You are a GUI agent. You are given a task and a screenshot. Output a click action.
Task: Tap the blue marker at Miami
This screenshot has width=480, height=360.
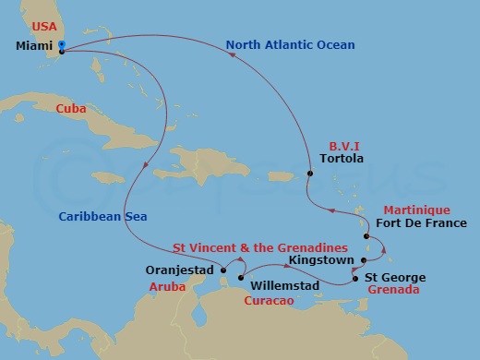(61, 44)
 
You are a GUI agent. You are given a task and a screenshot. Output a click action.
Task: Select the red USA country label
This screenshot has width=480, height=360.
(38, 25)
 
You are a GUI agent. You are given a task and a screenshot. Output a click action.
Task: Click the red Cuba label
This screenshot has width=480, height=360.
(71, 108)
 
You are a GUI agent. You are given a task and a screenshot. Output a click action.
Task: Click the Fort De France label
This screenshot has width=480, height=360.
(421, 223)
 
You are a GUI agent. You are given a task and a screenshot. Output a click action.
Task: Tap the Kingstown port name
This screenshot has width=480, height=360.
(320, 260)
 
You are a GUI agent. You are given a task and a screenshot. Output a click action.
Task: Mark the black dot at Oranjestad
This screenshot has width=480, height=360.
(222, 270)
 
